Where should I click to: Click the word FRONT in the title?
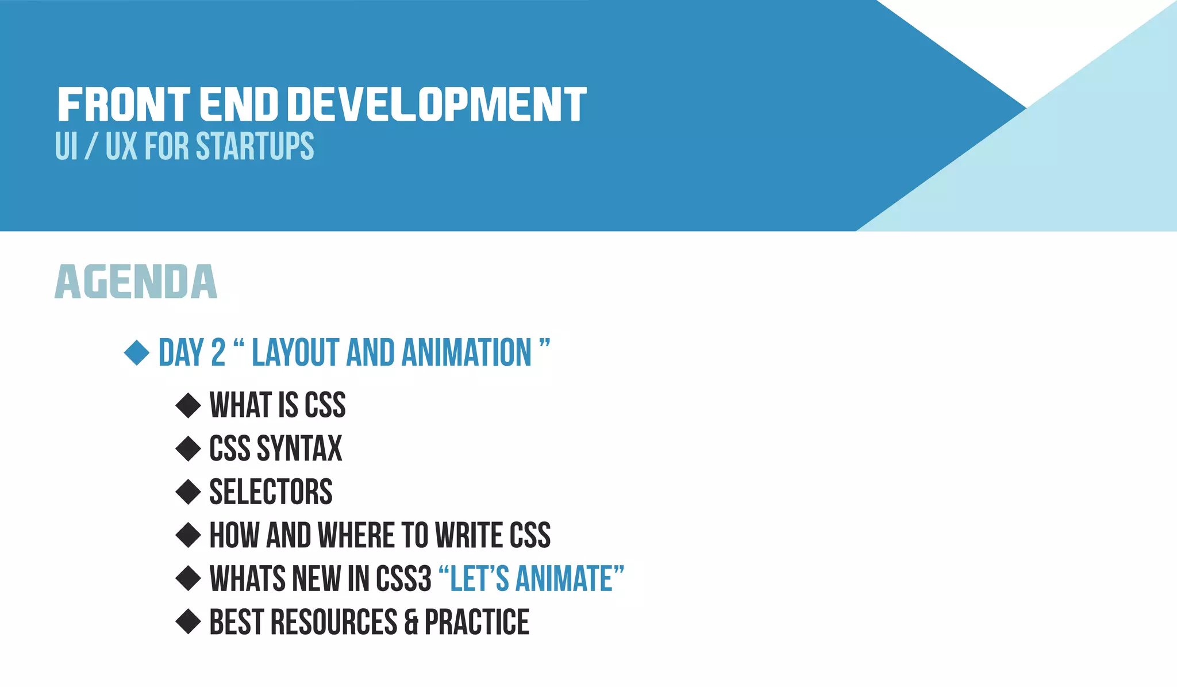[124, 105]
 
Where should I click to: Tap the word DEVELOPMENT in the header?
[436, 105]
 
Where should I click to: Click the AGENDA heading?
[136, 282]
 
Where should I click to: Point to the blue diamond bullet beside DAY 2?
[137, 352]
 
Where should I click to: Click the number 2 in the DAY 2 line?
[218, 352]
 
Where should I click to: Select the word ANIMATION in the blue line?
[467, 352]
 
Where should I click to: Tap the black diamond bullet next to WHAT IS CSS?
[188, 405]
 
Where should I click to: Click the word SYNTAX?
[299, 448]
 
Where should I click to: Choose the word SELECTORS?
[271, 492]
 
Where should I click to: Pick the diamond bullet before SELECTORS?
[188, 492]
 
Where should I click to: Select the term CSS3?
[403, 578]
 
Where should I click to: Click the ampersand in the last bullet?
[411, 623]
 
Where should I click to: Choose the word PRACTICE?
[477, 622]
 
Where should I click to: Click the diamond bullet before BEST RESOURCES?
[188, 621]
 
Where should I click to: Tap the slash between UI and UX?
[91, 147]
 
